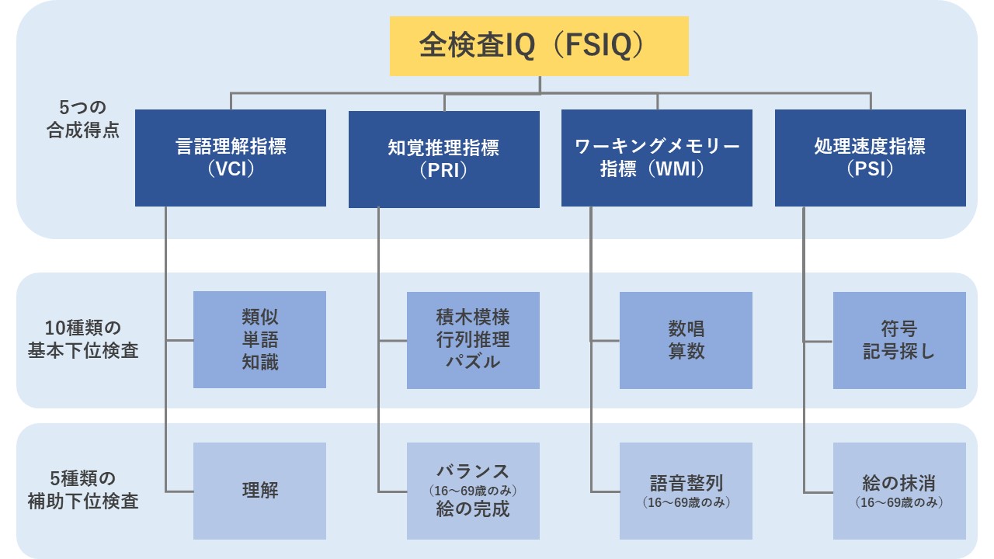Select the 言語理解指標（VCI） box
[x=231, y=158]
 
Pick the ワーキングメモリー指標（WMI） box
[x=657, y=158]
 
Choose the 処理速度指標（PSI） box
[x=870, y=158]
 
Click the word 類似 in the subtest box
[x=259, y=317]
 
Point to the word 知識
[x=259, y=361]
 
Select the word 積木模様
[x=473, y=317]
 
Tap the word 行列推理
[x=473, y=339]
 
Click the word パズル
[x=473, y=361]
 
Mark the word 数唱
[x=686, y=328]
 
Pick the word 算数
[x=686, y=350]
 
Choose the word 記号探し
[x=899, y=350]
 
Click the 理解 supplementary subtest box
[x=259, y=491]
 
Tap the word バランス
[x=473, y=470]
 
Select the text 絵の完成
[x=473, y=510]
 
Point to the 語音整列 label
[x=686, y=482]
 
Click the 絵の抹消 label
[x=899, y=482]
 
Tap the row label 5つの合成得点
[x=82, y=118]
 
